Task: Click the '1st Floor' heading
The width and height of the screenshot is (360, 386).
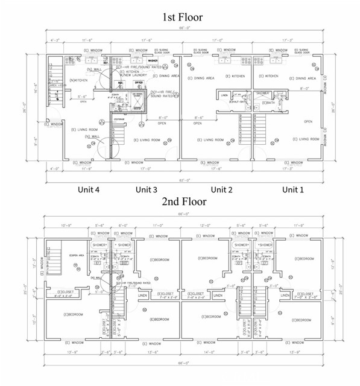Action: pyautogui.click(x=182, y=17)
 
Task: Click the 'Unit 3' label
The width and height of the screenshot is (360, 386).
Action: pyautogui.click(x=147, y=189)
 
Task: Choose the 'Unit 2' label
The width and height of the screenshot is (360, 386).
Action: pyautogui.click(x=222, y=189)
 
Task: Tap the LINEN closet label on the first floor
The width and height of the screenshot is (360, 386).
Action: pyautogui.click(x=224, y=95)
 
